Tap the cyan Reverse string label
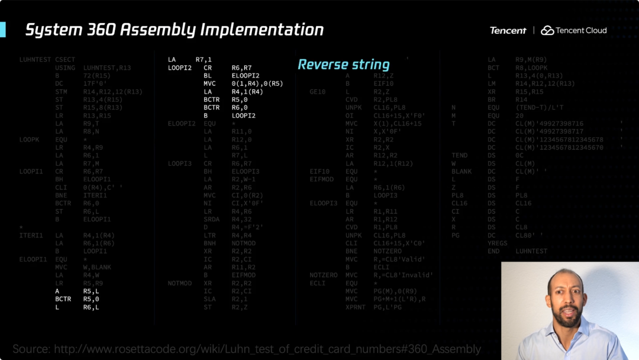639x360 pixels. [343, 65]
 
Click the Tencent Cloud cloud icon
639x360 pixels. [547, 30]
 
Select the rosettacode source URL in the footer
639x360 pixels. [267, 349]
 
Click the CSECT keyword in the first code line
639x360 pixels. [65, 60]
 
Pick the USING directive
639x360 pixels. [65, 68]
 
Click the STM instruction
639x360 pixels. [61, 92]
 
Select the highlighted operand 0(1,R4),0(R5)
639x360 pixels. [257, 83]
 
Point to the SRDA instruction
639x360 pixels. [212, 218]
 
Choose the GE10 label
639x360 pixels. [318, 92]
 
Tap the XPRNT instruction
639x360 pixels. [356, 307]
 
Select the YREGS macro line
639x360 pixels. [498, 243]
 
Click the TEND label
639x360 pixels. [459, 156]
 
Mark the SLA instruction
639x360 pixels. [209, 299]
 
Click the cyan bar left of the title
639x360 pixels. [2, 30]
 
